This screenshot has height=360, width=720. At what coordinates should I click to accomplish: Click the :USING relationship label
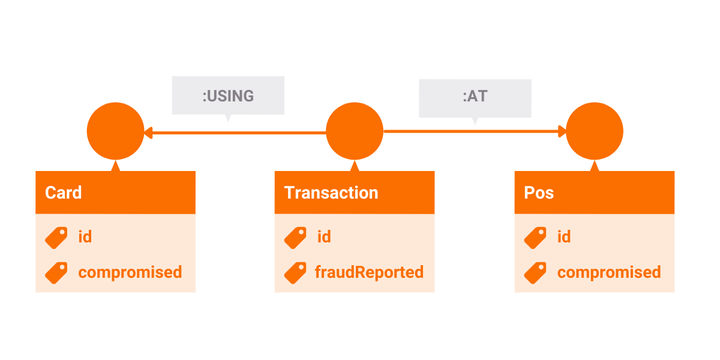[x=228, y=96]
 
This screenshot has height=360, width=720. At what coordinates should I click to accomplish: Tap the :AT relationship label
[x=475, y=96]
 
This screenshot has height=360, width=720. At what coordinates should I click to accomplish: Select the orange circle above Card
[x=115, y=131]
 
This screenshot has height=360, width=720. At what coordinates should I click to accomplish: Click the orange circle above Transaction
[x=355, y=131]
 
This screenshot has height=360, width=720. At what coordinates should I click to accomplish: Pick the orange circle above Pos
[x=595, y=131]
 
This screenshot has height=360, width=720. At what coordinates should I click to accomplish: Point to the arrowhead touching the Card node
[x=148, y=133]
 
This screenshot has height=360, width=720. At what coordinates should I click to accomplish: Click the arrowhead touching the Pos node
[x=562, y=131]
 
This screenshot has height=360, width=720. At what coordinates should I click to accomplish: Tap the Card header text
[x=64, y=193]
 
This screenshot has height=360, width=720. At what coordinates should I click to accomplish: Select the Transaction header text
[x=331, y=193]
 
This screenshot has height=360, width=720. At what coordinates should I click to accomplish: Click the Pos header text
[x=539, y=193]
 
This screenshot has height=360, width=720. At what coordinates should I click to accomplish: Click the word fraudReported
[x=369, y=272]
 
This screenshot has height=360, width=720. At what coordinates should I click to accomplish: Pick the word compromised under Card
[x=130, y=272]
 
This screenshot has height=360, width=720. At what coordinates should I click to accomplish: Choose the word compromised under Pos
[x=609, y=272]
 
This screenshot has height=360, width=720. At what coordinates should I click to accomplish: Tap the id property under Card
[x=85, y=236]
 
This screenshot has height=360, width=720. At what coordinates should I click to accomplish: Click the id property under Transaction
[x=324, y=236]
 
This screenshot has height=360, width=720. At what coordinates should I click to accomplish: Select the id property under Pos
[x=564, y=236]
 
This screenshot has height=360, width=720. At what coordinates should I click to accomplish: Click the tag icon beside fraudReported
[x=295, y=273]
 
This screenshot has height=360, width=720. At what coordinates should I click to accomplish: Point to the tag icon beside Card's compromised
[x=56, y=273]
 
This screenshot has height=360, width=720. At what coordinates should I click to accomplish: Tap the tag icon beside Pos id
[x=535, y=238]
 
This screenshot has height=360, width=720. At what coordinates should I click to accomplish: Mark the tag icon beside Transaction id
[x=295, y=238]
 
